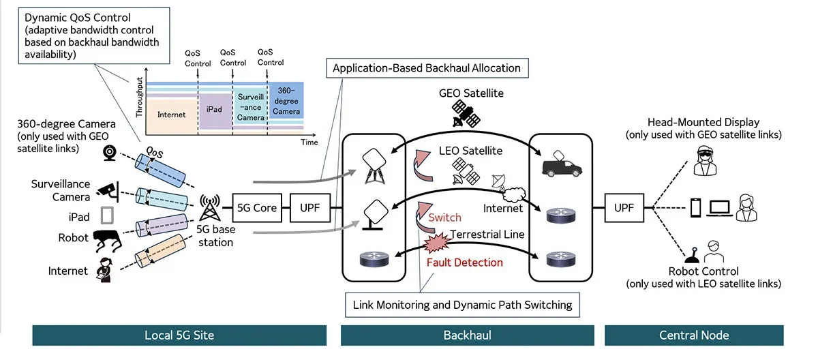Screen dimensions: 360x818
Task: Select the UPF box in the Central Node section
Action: (624, 207)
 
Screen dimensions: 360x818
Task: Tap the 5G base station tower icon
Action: (209, 207)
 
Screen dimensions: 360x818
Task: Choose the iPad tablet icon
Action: (105, 216)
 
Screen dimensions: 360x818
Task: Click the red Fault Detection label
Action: (464, 262)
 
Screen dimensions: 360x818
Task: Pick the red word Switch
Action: (444, 217)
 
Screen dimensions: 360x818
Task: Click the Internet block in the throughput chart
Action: (171, 115)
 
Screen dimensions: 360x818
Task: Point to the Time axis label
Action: (309, 142)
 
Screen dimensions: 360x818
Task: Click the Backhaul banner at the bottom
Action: (468, 335)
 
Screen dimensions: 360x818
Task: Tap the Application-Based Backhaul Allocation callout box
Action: (427, 67)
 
